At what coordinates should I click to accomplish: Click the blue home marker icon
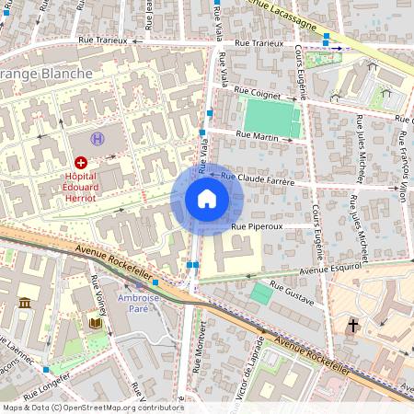(x=207, y=199)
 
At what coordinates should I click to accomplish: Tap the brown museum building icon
(x=24, y=304)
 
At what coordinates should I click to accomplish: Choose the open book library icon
(x=95, y=324)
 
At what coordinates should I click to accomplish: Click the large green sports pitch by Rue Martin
(x=270, y=116)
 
